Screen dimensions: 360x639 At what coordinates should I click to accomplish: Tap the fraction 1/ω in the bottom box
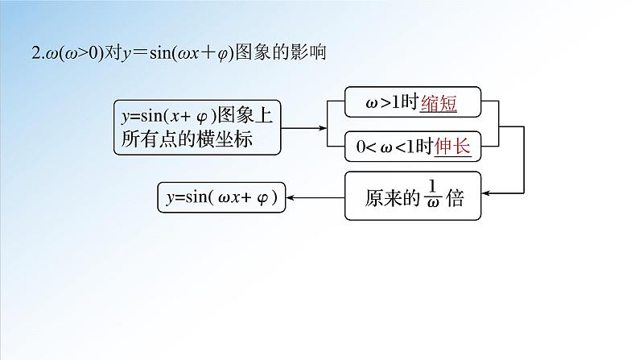coord(432,197)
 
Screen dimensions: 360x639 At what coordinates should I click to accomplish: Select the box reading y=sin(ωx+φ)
coord(222,197)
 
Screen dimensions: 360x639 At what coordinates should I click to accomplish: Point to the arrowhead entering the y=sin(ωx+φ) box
coord(292,197)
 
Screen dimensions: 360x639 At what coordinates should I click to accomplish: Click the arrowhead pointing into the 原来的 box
coord(486,192)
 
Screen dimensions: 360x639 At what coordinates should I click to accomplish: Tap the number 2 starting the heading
coord(34,53)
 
